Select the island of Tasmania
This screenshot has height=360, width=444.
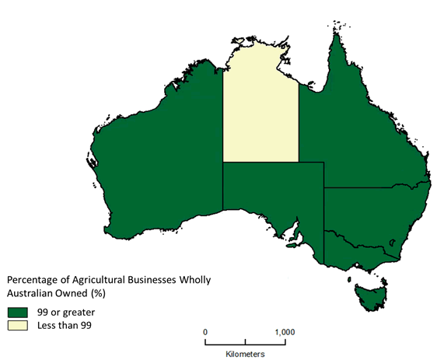pyautogui.click(x=369, y=294)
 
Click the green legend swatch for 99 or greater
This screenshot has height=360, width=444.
pyautogui.click(x=18, y=311)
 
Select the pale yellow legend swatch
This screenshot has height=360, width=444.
pyautogui.click(x=18, y=325)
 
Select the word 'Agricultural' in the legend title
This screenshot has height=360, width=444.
pyautogui.click(x=106, y=279)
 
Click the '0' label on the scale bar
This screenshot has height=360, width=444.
pyautogui.click(x=205, y=331)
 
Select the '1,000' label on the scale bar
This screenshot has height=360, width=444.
pyautogui.click(x=285, y=331)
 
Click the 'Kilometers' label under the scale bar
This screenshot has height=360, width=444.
pyautogui.click(x=245, y=354)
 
